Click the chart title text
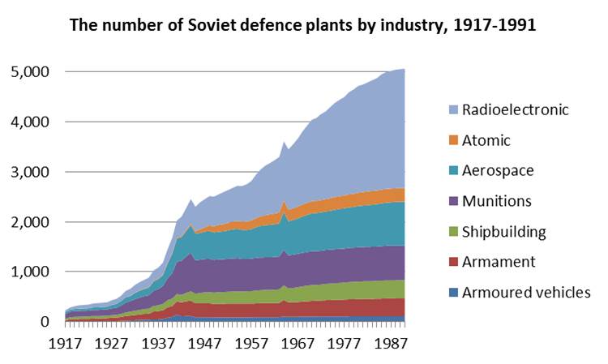point(303,25)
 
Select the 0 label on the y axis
point(45,322)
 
